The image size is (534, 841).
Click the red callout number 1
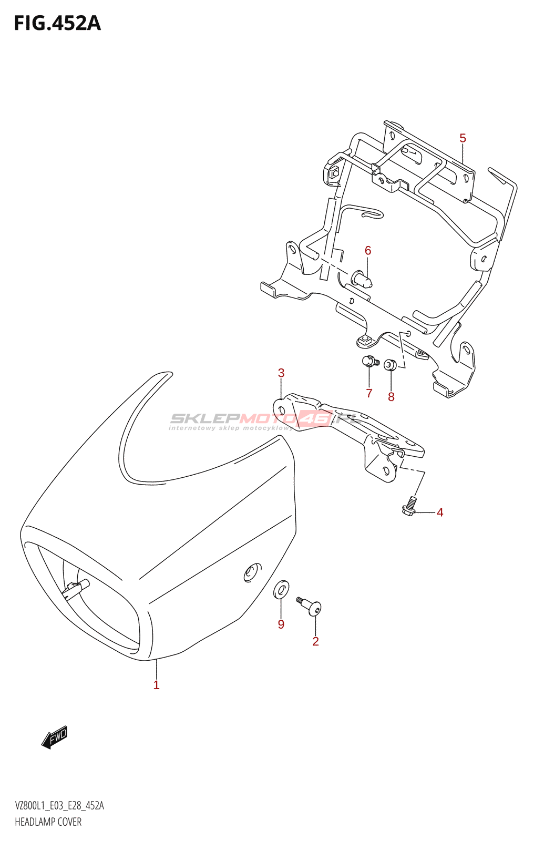[156, 685]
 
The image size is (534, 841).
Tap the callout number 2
[315, 641]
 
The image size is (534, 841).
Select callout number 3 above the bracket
[281, 373]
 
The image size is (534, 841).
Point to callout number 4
[440, 512]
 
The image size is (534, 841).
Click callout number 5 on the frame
[463, 138]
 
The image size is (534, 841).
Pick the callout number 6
[368, 251]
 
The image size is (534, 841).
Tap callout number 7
[369, 393]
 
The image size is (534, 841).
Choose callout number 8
[391, 397]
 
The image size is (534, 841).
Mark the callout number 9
[281, 624]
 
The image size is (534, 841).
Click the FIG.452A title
[57, 24]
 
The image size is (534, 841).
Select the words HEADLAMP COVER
[48, 822]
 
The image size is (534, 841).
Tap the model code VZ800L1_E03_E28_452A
[59, 806]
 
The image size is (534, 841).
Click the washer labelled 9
[281, 589]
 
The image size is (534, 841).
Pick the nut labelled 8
[390, 364]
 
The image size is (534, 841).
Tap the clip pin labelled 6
[362, 278]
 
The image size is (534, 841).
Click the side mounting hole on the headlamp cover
[253, 572]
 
